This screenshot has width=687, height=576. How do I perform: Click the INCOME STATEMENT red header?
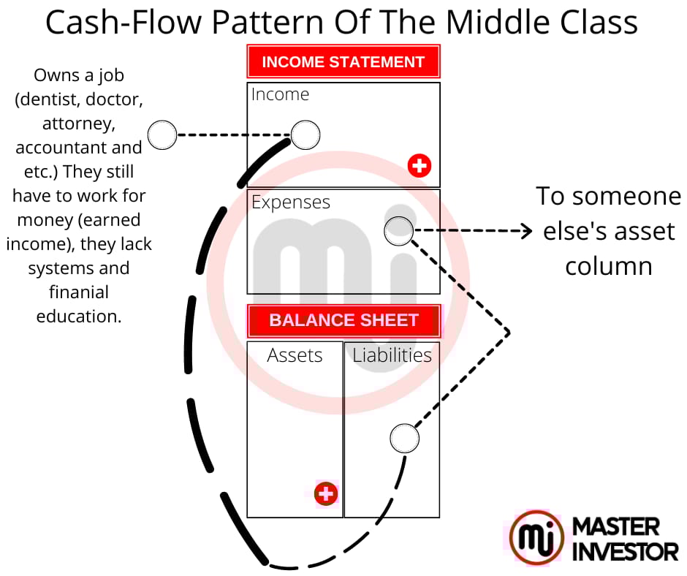pos(343,61)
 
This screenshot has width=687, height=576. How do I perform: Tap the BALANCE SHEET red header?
pos(343,320)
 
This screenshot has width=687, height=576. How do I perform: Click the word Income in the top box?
pos(280,94)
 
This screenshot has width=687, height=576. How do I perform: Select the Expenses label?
pos(291,202)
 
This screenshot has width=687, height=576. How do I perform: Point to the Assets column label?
pos(295,355)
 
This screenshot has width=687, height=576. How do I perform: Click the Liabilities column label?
pos(392,355)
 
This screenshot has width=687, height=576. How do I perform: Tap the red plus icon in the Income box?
pos(420,166)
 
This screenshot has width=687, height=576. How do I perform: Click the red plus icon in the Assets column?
pos(326,493)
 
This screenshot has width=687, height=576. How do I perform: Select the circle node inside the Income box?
pos(305,134)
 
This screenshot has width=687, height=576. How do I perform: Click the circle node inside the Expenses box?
pos(399,231)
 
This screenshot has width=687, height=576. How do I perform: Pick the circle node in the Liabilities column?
pos(404,439)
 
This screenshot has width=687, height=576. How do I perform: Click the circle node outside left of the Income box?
pos(162,135)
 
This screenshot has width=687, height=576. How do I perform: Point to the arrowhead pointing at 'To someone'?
pos(525,232)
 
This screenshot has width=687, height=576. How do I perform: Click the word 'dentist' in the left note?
pos(45,99)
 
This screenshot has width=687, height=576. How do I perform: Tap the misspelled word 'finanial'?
pos(79,292)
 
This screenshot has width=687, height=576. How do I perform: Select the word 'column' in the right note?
pos(609,265)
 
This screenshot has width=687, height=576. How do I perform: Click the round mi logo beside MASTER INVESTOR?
pos(536,537)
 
